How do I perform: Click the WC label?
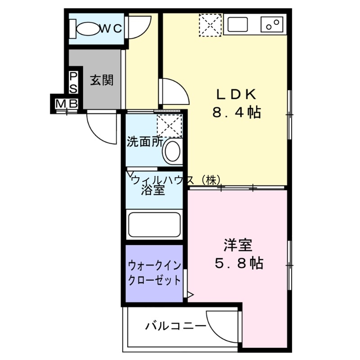click(x=110, y=28)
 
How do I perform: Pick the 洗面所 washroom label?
click(x=144, y=142)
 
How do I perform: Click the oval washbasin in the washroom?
click(x=172, y=151)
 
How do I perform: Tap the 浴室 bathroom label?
click(x=153, y=190)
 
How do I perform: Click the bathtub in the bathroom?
click(x=154, y=225)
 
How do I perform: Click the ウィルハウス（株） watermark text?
click(x=176, y=180)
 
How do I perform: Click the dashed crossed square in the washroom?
click(x=169, y=126)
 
